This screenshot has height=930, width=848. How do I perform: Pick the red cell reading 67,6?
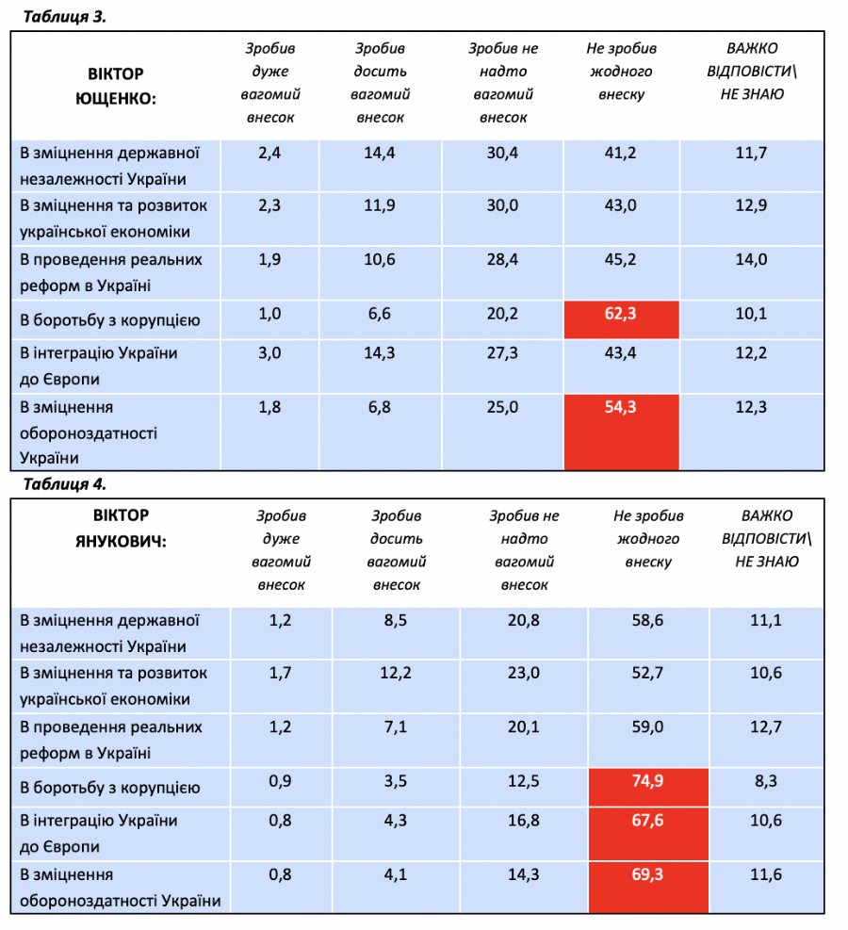pos(647,820)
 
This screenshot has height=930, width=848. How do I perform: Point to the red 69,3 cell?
pos(647,874)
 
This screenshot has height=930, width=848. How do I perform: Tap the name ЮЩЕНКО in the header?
pos(116,96)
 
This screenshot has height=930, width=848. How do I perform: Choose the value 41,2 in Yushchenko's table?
pos(621,153)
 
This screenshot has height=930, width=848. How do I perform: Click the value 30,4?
pos(501,153)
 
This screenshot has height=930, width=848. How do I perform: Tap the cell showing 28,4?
pos(501,259)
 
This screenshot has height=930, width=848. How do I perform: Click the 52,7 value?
pos(647,673)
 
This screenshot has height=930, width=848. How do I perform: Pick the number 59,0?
pos(647,726)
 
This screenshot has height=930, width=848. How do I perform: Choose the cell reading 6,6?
pos(379,314)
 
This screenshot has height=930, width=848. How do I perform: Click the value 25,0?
pos(501,406)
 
